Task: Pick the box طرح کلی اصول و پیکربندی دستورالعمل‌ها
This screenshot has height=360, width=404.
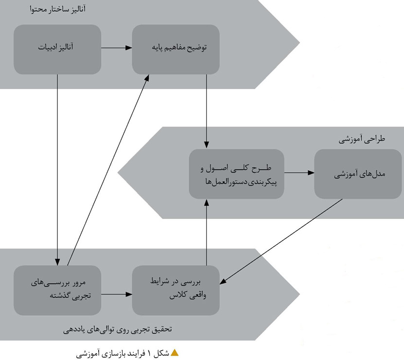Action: (x=236, y=174)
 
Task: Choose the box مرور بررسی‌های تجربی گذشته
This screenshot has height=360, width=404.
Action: (x=57, y=289)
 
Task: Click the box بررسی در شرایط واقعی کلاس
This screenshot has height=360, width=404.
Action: (x=176, y=289)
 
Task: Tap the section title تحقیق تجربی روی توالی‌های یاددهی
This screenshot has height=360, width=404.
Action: (x=119, y=329)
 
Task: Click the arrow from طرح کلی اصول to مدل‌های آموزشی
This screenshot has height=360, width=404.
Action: (x=299, y=173)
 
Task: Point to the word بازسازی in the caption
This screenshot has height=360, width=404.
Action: (x=112, y=353)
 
